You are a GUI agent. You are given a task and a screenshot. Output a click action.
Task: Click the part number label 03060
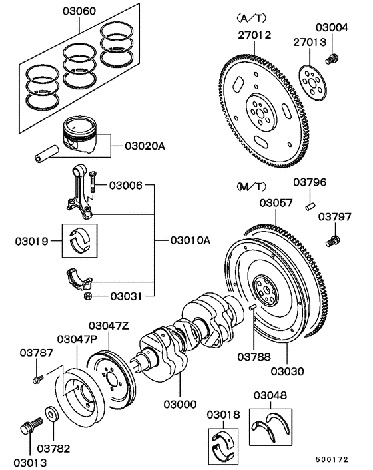click(79, 11)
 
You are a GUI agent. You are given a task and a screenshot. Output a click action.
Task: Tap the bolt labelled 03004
click(332, 59)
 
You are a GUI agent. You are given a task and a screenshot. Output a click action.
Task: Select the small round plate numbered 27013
click(313, 82)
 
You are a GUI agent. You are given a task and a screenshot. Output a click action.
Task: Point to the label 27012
click(254, 35)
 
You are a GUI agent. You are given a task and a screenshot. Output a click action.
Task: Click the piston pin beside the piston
click(46, 154)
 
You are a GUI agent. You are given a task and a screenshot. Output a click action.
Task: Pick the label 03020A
click(145, 146)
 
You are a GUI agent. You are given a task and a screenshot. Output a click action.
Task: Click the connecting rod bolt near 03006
click(93, 182)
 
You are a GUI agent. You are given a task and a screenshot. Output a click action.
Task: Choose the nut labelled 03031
click(87, 296)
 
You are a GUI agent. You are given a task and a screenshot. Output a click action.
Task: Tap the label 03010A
click(190, 240)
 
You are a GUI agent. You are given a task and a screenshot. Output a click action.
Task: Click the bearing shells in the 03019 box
click(79, 240)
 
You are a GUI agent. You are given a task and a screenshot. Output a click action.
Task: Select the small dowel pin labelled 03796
click(310, 206)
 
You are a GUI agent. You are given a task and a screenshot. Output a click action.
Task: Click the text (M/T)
click(251, 187)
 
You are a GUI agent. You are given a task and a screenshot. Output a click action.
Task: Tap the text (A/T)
click(251, 18)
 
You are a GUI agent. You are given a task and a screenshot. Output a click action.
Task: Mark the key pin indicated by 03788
click(252, 307)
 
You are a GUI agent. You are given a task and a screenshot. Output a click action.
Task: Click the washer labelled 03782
click(51, 414)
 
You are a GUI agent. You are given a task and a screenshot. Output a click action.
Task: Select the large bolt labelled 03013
click(31, 425)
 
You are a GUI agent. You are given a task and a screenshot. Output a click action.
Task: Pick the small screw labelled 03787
click(38, 379)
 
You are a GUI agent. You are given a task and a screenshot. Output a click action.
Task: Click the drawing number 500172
click(332, 459)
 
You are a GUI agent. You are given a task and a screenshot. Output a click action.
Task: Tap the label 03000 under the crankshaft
click(181, 404)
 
